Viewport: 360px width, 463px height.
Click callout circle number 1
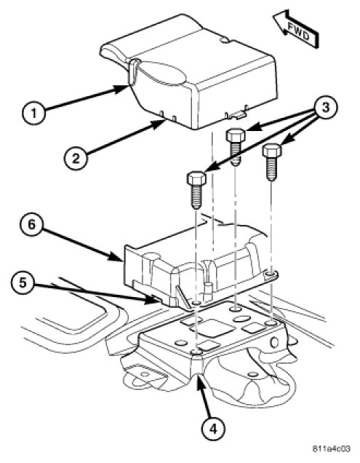point(34,113)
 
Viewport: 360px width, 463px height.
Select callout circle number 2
point(76,158)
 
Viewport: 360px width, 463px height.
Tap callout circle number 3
point(326,108)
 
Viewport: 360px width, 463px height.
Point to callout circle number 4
point(213,427)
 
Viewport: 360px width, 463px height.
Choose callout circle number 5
point(23,282)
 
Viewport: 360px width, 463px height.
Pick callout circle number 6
point(31,224)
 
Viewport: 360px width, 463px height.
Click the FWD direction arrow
point(296,29)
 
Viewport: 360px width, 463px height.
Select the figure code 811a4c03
point(331,449)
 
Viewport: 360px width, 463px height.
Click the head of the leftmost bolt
point(196,180)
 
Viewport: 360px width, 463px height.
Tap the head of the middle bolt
point(236,135)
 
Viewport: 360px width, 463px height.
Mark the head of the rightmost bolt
point(272,151)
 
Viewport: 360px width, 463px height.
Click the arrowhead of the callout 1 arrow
point(122,88)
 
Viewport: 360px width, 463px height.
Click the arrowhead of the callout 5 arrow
point(153,300)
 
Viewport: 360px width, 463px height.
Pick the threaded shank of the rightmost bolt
point(272,169)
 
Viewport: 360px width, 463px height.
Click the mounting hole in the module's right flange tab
point(270,274)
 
